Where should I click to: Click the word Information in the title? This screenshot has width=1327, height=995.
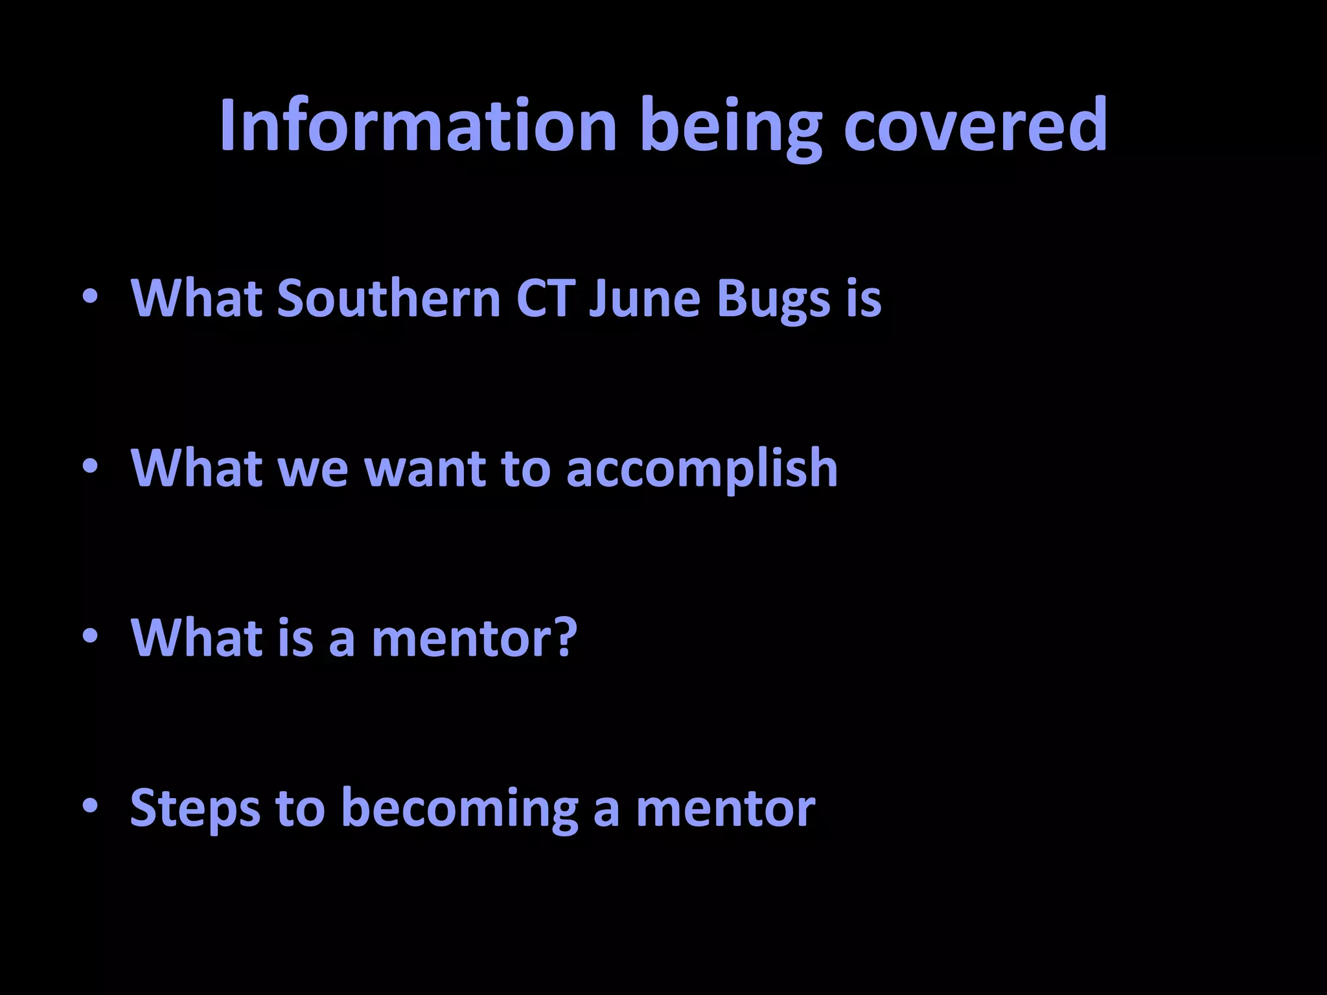pyautogui.click(x=418, y=126)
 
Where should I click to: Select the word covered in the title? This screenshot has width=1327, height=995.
pyautogui.click(x=975, y=126)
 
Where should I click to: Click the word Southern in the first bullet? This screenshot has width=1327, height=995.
pyautogui.click(x=389, y=299)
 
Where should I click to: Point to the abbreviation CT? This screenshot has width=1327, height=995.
pyautogui.click(x=545, y=299)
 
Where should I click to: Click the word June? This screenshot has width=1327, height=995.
pyautogui.click(x=644, y=299)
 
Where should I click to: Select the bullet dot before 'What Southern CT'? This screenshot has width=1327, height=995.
pyautogui.click(x=90, y=297)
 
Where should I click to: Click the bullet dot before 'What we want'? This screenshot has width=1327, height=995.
pyautogui.click(x=90, y=466)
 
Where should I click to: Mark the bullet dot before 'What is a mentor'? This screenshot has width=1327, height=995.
pyautogui.click(x=90, y=636)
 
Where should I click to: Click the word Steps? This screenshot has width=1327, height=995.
pyautogui.click(x=195, y=808)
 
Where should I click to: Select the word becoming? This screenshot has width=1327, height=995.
pyautogui.click(x=459, y=808)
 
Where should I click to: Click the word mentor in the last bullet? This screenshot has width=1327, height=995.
pyautogui.click(x=725, y=808)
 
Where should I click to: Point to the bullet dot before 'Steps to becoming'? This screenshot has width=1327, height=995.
pyautogui.click(x=90, y=806)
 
